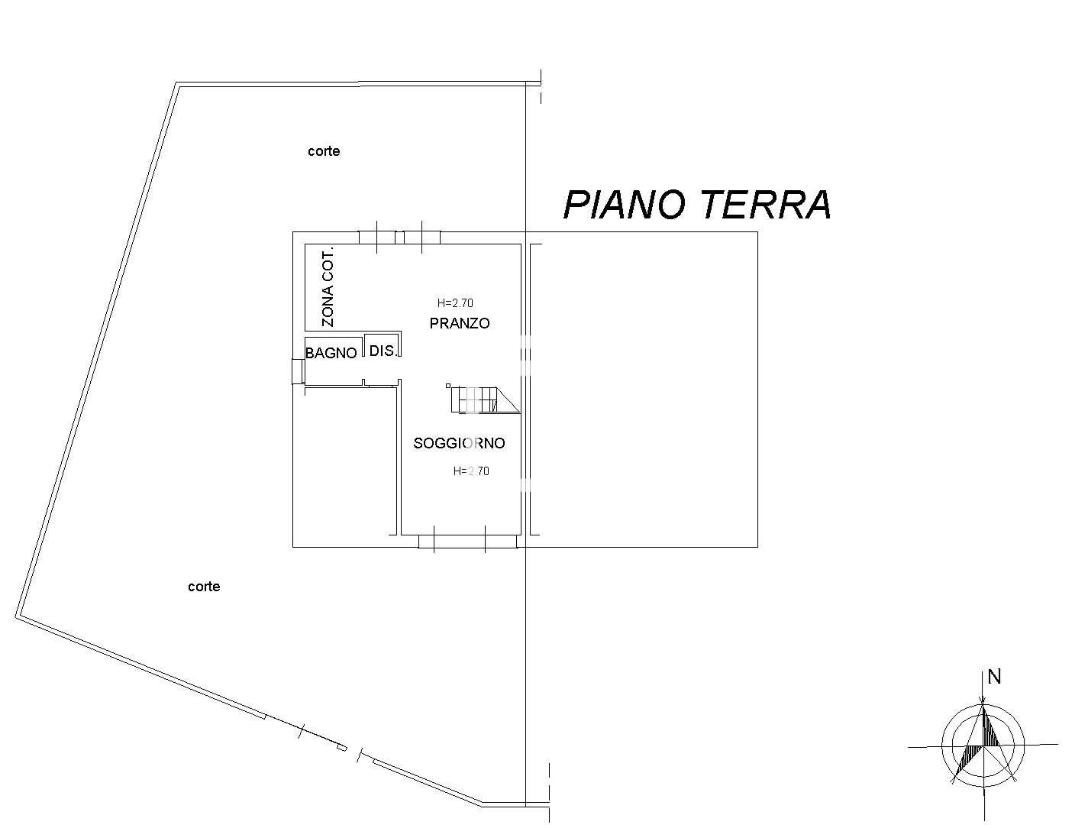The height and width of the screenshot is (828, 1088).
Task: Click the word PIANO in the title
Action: (x=627, y=205)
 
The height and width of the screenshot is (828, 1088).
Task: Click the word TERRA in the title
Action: (x=765, y=205)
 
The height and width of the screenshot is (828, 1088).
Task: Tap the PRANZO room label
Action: (x=460, y=323)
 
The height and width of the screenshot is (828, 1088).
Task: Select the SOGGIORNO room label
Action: (x=459, y=443)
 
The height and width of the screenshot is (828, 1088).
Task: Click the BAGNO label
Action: (x=331, y=353)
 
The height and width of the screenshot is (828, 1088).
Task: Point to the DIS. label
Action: (x=383, y=351)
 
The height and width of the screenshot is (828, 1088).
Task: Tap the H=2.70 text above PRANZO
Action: (x=455, y=303)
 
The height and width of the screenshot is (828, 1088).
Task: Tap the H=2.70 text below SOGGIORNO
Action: (x=471, y=471)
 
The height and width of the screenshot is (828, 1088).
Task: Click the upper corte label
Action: (x=324, y=151)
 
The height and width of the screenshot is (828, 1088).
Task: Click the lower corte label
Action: (x=204, y=587)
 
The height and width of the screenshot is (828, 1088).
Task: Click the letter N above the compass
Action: (x=994, y=677)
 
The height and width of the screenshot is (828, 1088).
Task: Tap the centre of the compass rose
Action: (x=983, y=745)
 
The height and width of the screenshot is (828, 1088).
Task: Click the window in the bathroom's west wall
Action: (x=298, y=371)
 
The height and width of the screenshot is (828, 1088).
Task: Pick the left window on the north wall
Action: (x=377, y=238)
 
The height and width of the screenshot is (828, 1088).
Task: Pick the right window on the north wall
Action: (x=421, y=238)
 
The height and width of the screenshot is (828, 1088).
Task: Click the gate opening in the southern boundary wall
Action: (x=329, y=743)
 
